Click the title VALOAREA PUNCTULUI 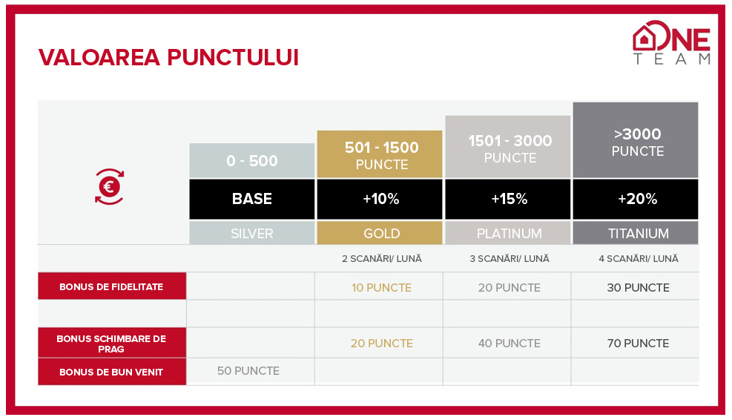click(x=168, y=57)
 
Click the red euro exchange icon click(x=109, y=187)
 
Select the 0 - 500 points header click(x=252, y=161)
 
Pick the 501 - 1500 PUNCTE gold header click(x=380, y=154)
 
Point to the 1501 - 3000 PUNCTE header click(x=508, y=147)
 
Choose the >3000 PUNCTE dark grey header click(x=636, y=140)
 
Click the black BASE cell click(x=252, y=199)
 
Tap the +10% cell click(x=380, y=199)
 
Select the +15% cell click(x=508, y=199)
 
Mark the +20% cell click(x=636, y=199)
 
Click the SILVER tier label click(x=252, y=233)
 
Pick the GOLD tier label click(x=380, y=233)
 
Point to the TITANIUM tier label click(x=636, y=233)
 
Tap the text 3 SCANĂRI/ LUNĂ click(x=510, y=258)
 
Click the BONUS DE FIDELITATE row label click(x=111, y=286)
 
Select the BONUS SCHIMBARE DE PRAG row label click(x=111, y=344)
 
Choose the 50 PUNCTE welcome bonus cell click(x=248, y=371)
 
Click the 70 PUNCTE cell click(x=638, y=344)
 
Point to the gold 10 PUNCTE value click(x=381, y=288)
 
